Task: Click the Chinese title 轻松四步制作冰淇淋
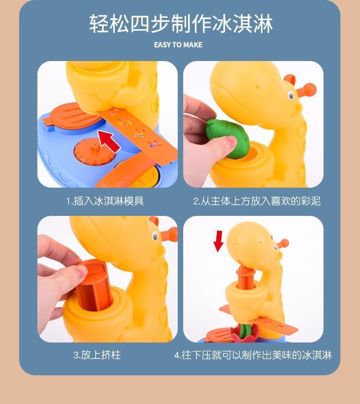tap(181, 24)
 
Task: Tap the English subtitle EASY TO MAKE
tap(178, 45)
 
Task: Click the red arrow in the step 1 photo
tap(109, 141)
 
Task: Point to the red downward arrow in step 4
tap(219, 241)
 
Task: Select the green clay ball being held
tap(227, 138)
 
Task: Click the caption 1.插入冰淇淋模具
tap(105, 201)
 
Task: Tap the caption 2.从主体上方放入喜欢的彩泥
tap(257, 201)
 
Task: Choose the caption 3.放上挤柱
tap(97, 355)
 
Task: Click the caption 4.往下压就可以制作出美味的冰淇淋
tap(253, 355)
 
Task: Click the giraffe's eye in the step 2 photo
tap(291, 95)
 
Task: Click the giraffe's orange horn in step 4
tap(283, 243)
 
